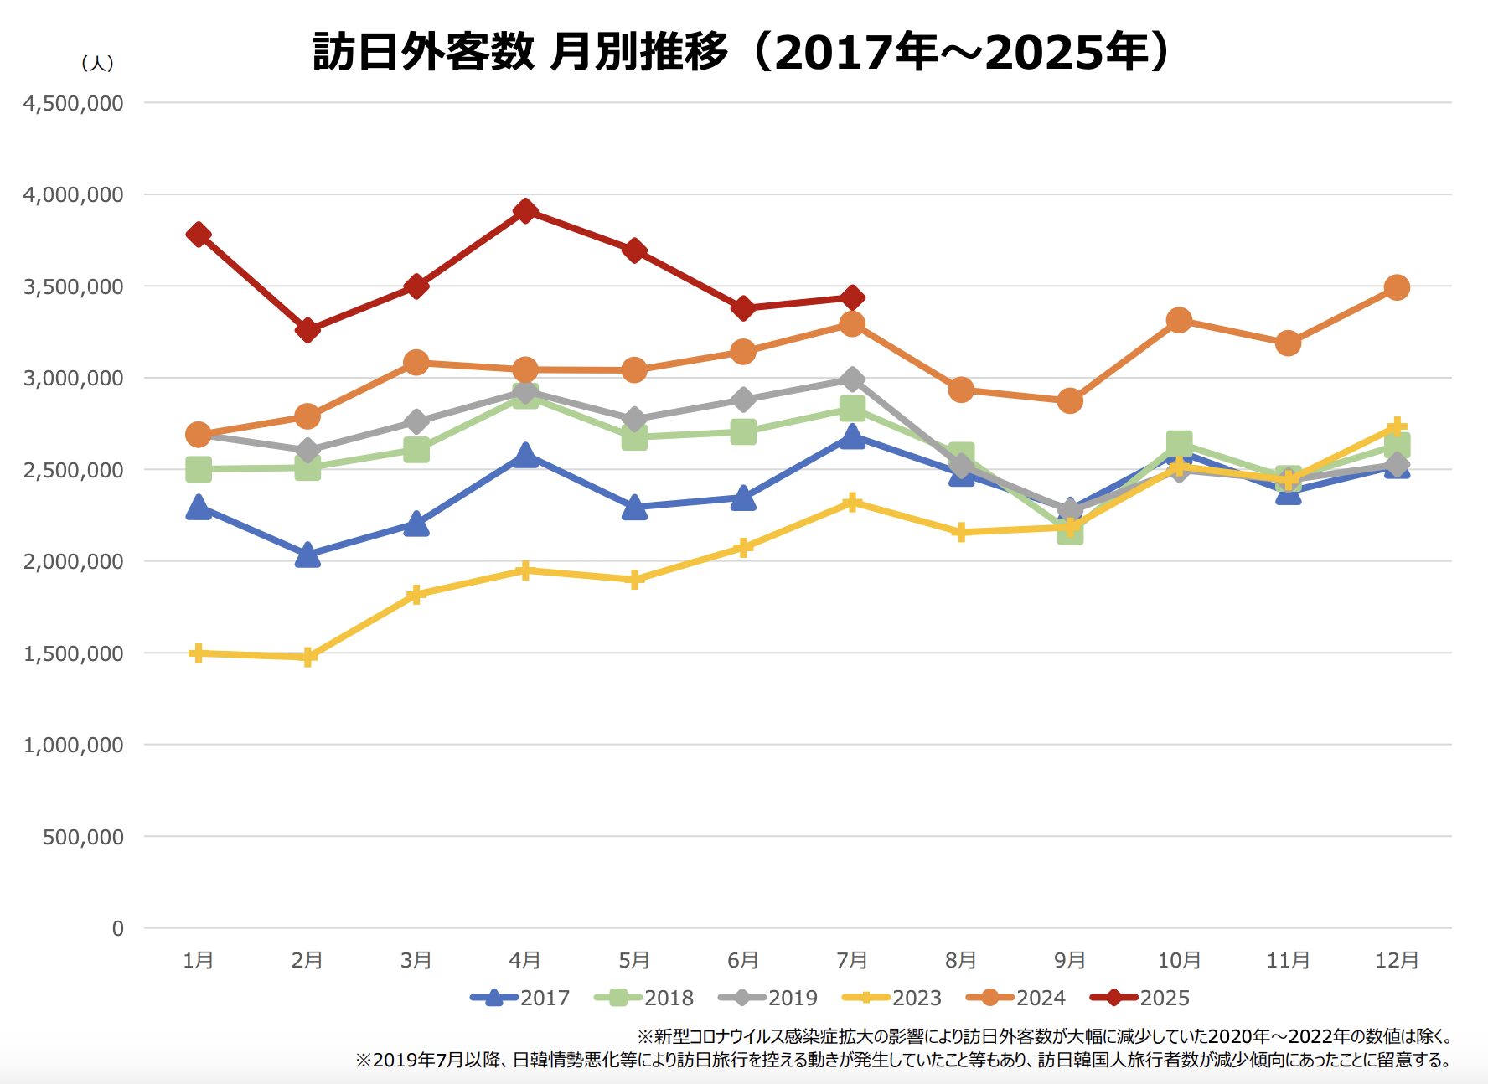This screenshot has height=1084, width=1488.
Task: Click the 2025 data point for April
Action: pyautogui.click(x=525, y=210)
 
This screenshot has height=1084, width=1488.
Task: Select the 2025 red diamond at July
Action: pyautogui.click(x=852, y=297)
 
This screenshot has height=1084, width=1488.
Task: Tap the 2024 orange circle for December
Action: pyautogui.click(x=1397, y=287)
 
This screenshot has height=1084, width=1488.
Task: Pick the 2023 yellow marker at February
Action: pyautogui.click(x=307, y=657)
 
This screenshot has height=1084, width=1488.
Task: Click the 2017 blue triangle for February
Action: pyautogui.click(x=307, y=555)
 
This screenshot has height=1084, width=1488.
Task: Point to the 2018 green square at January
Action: pyautogui.click(x=199, y=469)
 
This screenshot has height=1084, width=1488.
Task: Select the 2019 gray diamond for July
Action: pyautogui.click(x=852, y=379)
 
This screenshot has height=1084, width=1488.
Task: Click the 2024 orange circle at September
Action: pyautogui.click(x=1070, y=400)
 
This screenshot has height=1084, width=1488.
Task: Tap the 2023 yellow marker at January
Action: pyautogui.click(x=199, y=653)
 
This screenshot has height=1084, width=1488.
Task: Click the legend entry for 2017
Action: pyautogui.click(x=521, y=998)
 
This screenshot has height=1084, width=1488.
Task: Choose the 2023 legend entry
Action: pyautogui.click(x=893, y=998)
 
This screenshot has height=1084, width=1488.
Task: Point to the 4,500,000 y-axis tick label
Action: pyautogui.click(x=74, y=103)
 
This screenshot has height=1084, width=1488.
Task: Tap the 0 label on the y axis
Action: pyautogui.click(x=118, y=928)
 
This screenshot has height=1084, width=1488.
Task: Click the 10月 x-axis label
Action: pyautogui.click(x=1179, y=960)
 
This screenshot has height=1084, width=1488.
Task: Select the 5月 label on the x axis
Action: pyautogui.click(x=634, y=960)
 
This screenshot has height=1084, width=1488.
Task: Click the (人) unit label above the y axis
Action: pyautogui.click(x=97, y=64)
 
